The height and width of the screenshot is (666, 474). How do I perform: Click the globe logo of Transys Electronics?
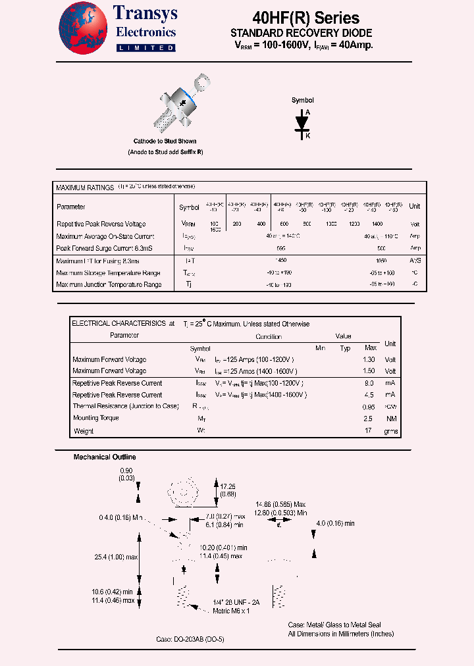click(83, 27)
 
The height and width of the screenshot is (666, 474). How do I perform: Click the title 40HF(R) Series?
click(305, 18)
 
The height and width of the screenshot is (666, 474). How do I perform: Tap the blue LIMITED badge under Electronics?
click(145, 48)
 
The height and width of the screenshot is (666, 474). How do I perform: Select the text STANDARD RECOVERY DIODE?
click(301, 33)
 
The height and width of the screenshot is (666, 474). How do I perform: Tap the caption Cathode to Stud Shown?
click(165, 141)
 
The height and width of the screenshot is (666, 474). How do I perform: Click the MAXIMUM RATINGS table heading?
click(85, 188)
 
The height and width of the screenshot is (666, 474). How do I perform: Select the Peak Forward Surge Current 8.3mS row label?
click(105, 248)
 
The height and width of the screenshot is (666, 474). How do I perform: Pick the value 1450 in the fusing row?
click(282, 261)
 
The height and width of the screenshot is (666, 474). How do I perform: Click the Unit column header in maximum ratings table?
click(415, 207)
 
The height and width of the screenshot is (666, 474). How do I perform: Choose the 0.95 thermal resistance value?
click(370, 407)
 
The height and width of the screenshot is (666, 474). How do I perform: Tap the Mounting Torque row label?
click(95, 418)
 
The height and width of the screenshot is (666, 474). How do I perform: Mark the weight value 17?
click(370, 431)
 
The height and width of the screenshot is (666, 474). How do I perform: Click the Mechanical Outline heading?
click(105, 457)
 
